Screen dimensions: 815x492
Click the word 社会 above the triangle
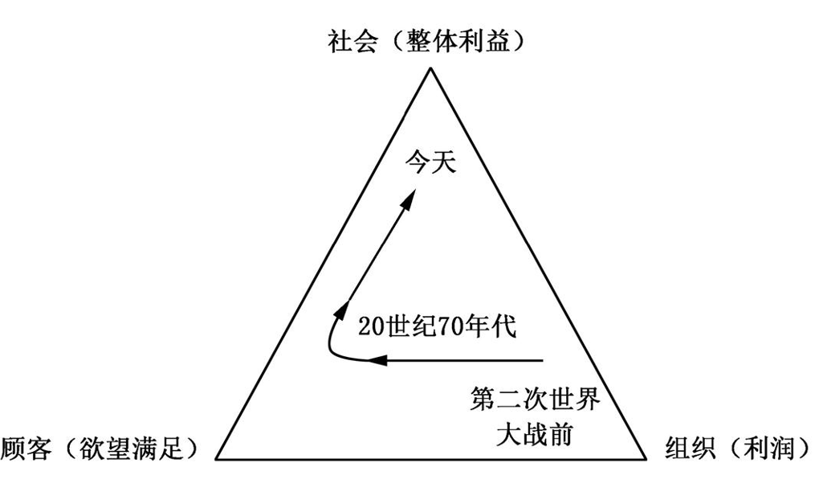pyautogui.click(x=350, y=40)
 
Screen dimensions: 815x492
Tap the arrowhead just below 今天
pyautogui.click(x=409, y=201)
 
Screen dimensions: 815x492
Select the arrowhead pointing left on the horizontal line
pyautogui.click(x=377, y=360)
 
